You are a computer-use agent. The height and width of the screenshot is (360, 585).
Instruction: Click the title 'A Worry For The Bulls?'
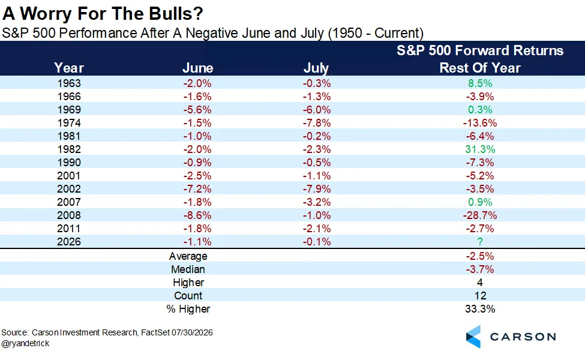(103, 13)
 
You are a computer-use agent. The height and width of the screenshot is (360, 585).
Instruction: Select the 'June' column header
(198, 68)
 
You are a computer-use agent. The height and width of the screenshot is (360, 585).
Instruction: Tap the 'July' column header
(316, 68)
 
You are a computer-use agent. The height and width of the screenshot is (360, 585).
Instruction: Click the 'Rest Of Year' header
(480, 68)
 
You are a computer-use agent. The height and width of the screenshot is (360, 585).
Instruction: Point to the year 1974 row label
(69, 123)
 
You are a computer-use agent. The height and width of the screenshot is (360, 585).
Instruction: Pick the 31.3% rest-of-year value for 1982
(480, 149)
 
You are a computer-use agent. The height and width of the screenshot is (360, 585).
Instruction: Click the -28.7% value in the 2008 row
(480, 215)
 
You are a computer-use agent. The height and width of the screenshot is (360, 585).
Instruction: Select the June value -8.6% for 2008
(197, 215)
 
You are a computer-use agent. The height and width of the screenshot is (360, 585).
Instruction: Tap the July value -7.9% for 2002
(316, 189)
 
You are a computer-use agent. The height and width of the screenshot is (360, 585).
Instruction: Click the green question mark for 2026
(480, 242)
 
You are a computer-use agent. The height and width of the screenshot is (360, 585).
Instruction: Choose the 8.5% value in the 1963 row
(480, 83)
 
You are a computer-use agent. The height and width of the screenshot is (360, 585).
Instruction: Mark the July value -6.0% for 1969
(316, 110)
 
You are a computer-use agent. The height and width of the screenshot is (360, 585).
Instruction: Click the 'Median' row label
(188, 269)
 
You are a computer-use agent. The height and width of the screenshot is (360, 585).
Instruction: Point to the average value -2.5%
(480, 256)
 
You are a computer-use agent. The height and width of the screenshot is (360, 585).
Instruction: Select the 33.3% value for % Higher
(480, 309)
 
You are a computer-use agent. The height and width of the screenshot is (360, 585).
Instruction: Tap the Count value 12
(480, 296)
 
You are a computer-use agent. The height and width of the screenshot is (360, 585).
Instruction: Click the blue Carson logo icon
(473, 337)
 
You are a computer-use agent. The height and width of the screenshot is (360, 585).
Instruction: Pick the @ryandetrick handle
(25, 343)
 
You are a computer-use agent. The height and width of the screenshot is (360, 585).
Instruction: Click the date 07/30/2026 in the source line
(192, 332)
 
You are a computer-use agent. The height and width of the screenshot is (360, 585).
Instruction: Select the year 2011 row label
(69, 229)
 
